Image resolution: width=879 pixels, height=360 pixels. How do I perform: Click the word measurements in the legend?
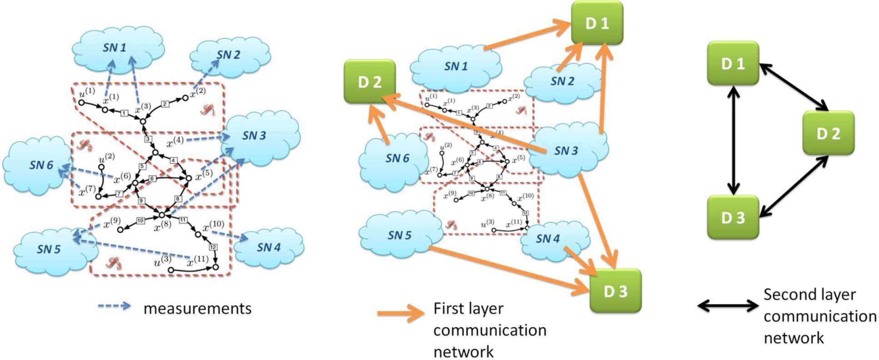click(197, 309)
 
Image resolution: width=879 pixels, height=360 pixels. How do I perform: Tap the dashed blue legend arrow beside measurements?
click(115, 306)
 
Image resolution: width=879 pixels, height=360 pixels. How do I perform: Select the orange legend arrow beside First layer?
click(400, 313)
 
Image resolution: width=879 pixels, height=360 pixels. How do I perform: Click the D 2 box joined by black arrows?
click(828, 134)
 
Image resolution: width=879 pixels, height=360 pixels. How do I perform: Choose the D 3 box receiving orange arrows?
click(615, 291)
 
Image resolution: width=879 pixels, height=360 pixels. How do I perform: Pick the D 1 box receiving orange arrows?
click(597, 23)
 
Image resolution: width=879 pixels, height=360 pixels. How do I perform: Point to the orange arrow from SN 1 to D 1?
click(527, 36)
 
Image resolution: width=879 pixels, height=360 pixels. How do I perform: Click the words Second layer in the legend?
click(809, 295)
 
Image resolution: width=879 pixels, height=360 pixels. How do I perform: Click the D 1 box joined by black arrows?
click(733, 64)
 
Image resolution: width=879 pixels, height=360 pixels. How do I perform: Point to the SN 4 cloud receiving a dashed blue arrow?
click(268, 248)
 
